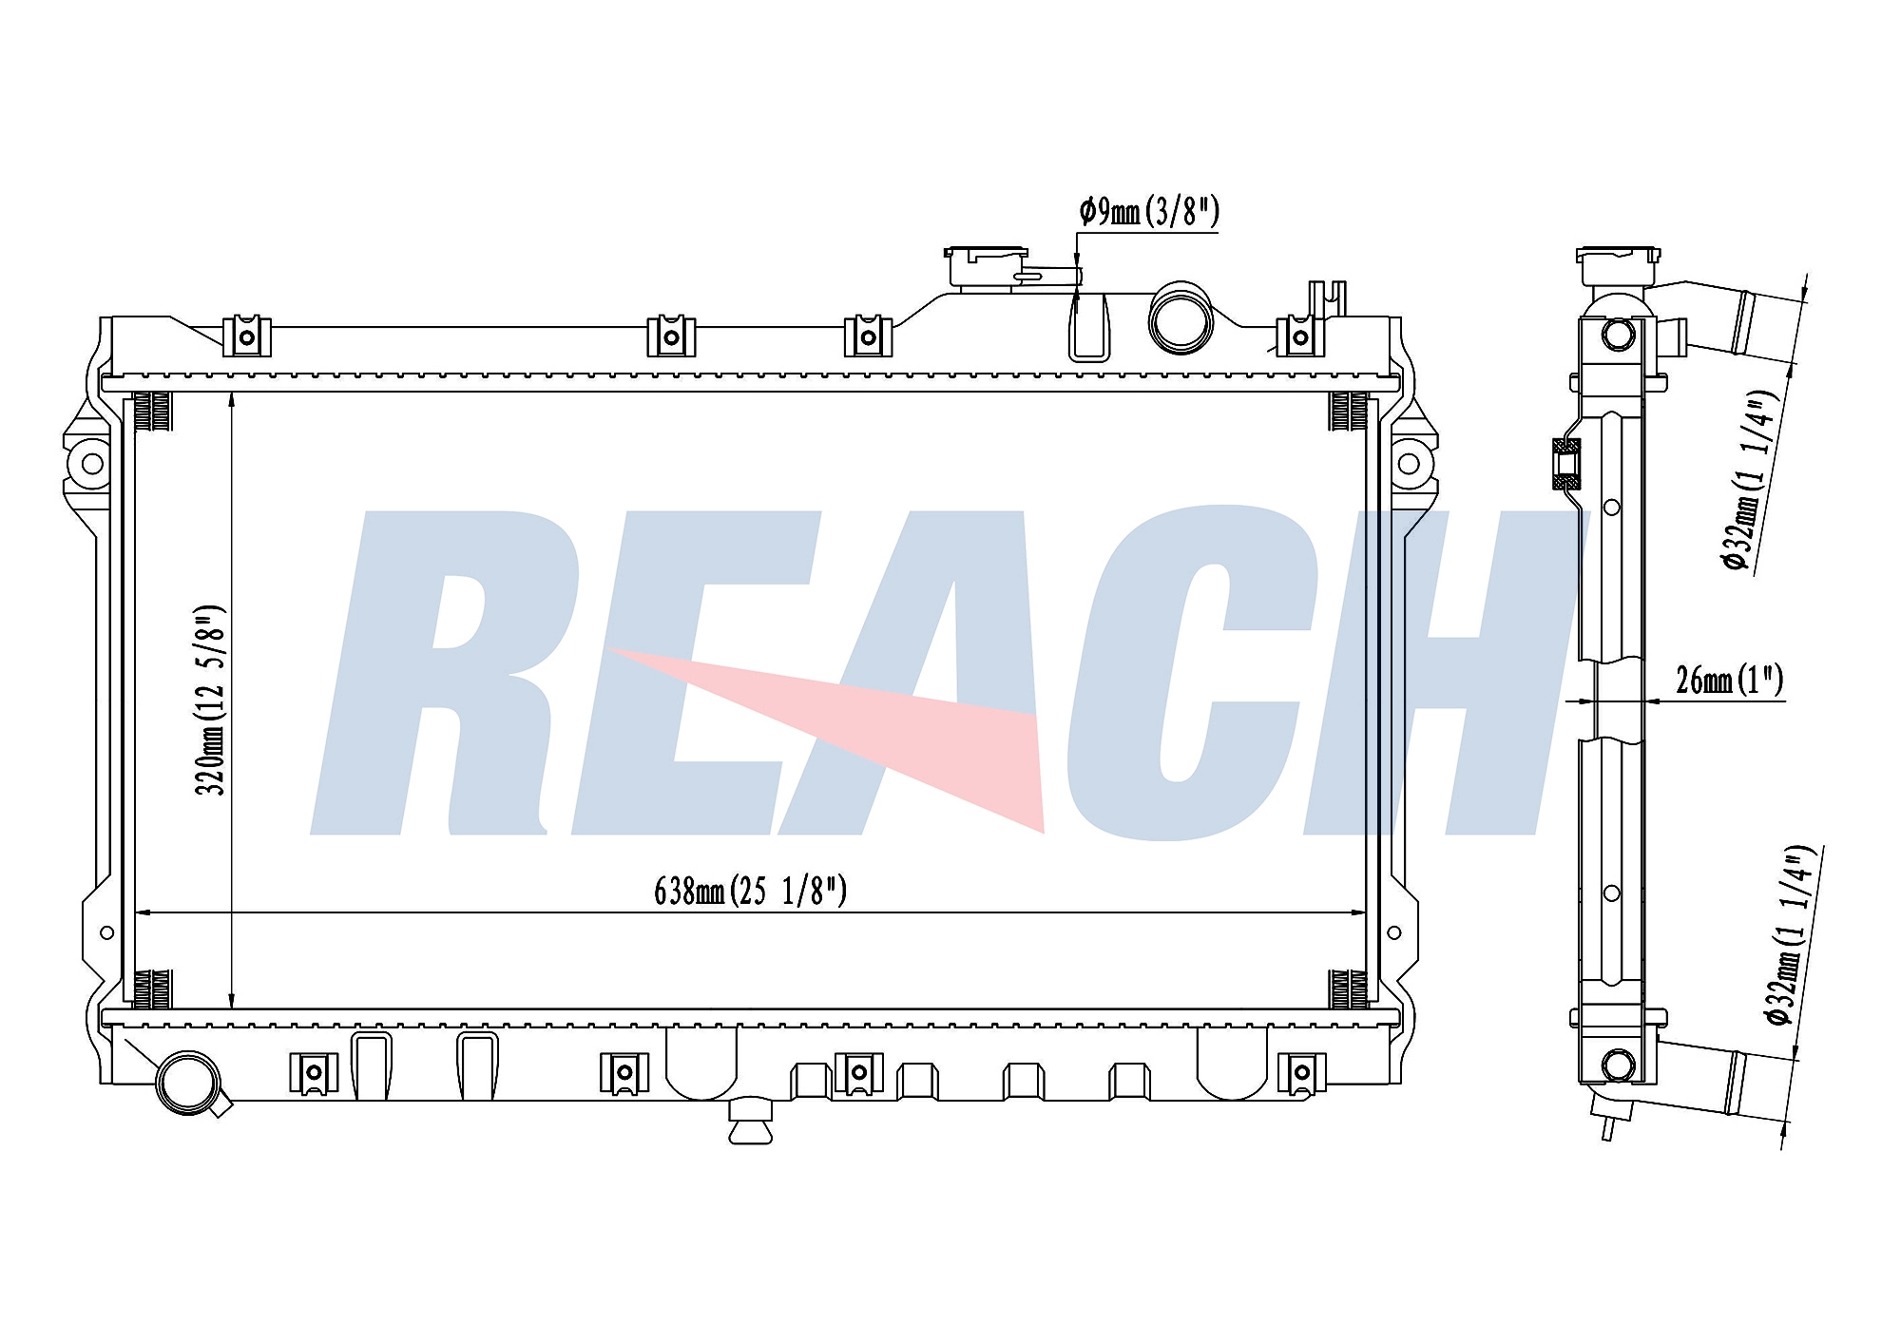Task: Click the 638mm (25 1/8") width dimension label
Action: (x=750, y=891)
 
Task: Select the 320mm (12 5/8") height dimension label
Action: (x=211, y=700)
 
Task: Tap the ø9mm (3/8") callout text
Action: (x=1148, y=212)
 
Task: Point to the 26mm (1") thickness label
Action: (x=1729, y=680)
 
